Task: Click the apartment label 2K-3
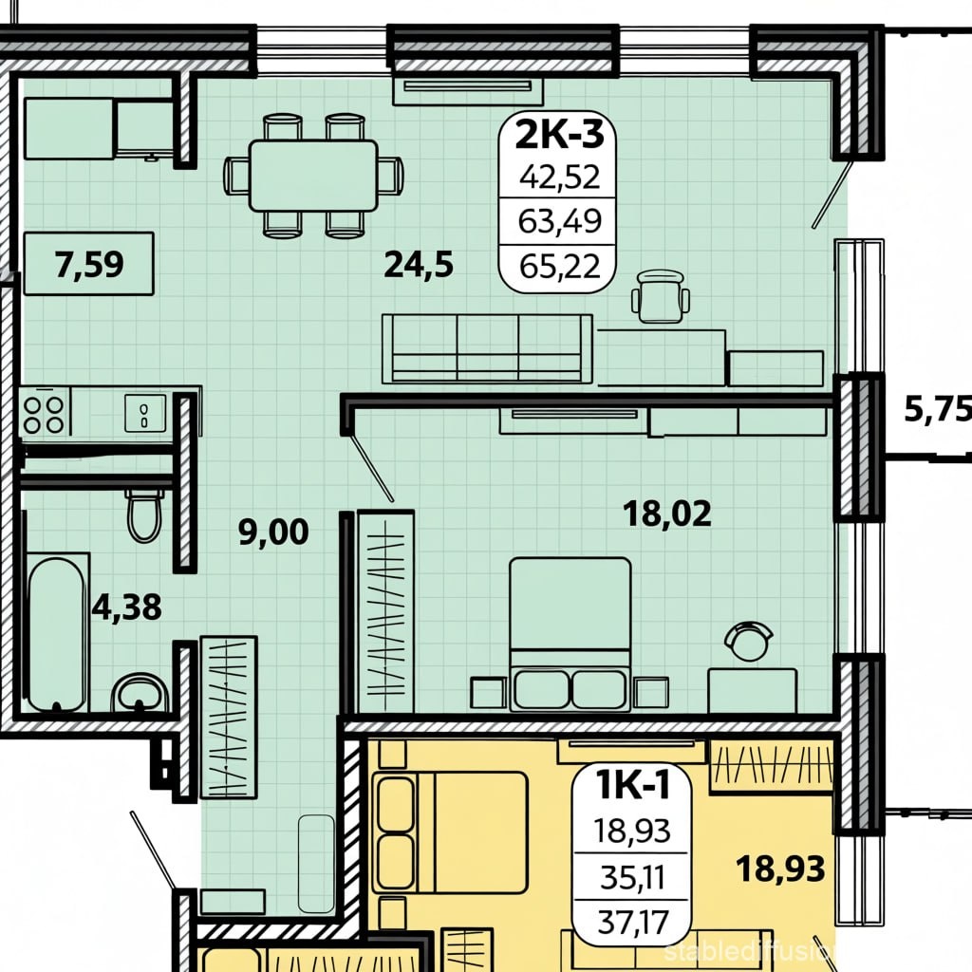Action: [x=559, y=134]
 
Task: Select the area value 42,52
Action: [x=560, y=178]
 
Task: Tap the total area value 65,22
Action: [x=560, y=267]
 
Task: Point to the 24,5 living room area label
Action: [x=419, y=265]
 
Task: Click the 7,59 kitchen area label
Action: [x=88, y=264]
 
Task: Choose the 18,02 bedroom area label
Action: [x=667, y=514]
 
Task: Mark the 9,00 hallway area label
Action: [x=273, y=533]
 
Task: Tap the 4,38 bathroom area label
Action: [x=126, y=607]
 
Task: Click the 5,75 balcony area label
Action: [x=937, y=409]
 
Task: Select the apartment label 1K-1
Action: [x=632, y=785]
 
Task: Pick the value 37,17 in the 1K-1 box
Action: [x=633, y=923]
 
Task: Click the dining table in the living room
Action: [x=313, y=176]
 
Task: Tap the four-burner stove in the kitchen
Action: [x=45, y=415]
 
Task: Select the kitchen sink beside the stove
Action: [x=145, y=413]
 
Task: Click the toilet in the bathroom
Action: [x=144, y=514]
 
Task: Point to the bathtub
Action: [x=56, y=632]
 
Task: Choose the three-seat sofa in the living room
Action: [x=487, y=349]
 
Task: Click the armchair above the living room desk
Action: [x=661, y=296]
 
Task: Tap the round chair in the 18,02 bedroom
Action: [x=749, y=641]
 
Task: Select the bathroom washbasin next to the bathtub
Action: [x=140, y=693]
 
